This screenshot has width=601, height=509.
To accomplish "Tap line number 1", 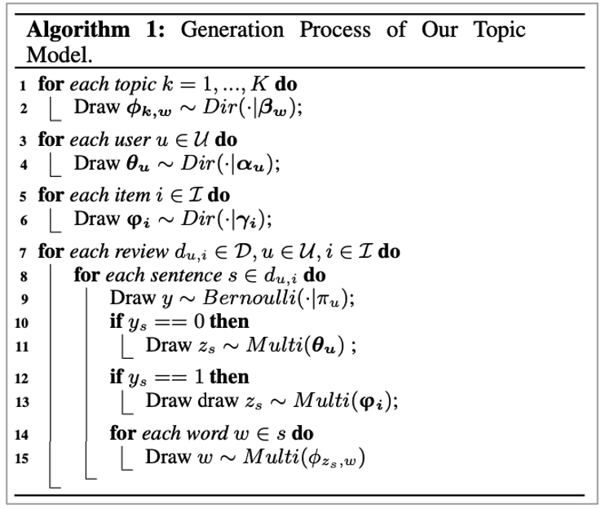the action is pos(25,86).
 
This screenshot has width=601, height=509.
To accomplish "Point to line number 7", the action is pos(25,252).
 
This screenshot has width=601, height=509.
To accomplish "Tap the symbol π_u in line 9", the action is pos(332,297).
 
